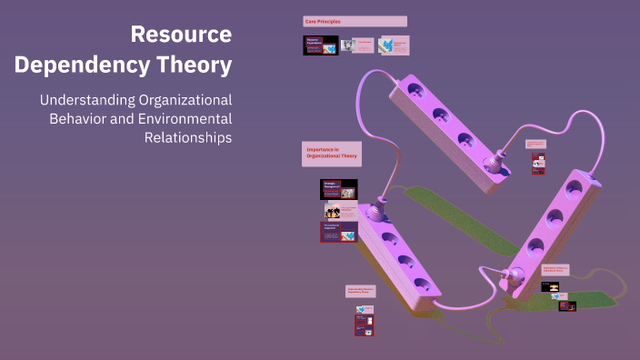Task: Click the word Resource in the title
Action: (181, 35)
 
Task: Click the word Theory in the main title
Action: (193, 65)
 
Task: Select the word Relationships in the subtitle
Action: (188, 137)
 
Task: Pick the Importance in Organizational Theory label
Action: (332, 154)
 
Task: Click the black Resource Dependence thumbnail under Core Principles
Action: (320, 45)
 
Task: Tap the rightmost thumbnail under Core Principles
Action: (394, 45)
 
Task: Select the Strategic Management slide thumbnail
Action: (338, 189)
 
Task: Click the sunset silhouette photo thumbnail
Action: (333, 210)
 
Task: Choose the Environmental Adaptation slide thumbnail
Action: (338, 231)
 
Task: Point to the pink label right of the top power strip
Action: (535, 144)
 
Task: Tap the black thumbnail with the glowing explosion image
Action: (551, 286)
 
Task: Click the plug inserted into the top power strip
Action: (496, 165)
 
